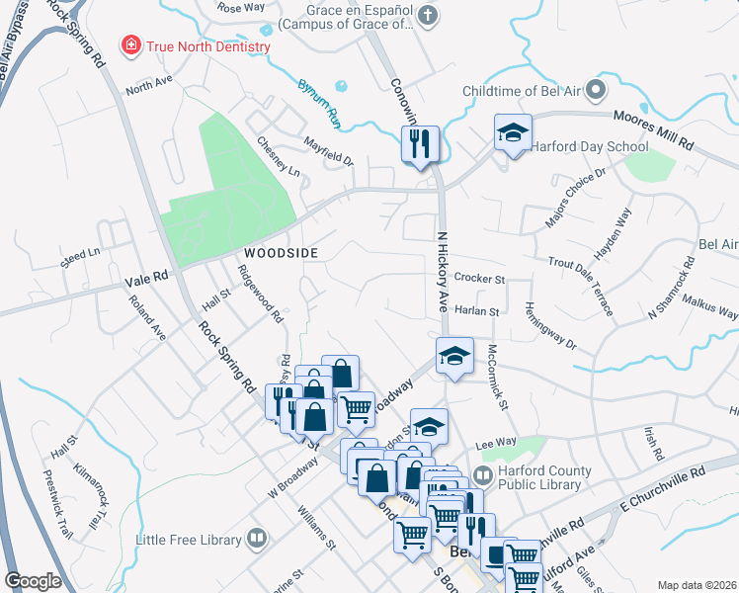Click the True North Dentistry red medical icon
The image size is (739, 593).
point(129,45)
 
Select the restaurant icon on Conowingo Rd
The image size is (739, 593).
point(420,143)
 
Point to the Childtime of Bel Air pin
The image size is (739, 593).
point(595,92)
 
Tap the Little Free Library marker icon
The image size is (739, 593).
point(257,539)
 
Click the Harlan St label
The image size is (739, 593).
point(478,310)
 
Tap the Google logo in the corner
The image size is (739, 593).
point(35,581)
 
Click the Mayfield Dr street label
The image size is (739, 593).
point(328,151)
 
